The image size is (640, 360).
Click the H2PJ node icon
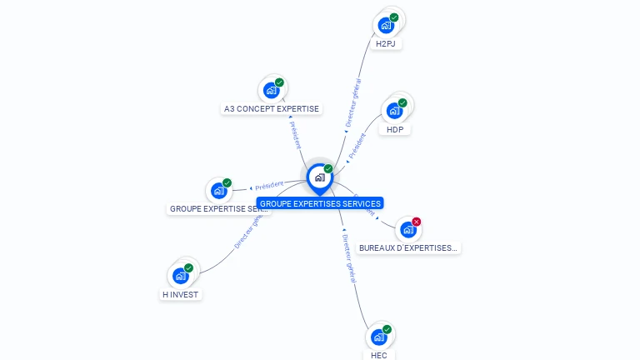click(386, 25)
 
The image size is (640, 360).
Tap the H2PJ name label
click(385, 43)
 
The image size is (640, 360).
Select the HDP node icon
click(394, 111)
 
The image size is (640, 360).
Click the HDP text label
click(395, 129)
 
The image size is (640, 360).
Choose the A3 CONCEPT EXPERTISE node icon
click(271, 90)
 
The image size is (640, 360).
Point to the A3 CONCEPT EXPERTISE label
click(272, 108)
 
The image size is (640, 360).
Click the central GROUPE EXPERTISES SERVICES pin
click(319, 177)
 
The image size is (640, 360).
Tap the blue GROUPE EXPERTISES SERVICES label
click(320, 203)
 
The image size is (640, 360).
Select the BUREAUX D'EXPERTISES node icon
click(407, 229)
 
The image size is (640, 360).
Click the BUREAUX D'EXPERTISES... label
click(408, 247)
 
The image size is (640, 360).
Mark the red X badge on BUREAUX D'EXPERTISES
click(417, 222)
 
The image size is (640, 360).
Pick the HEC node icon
click(378, 337)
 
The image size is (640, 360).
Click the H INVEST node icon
click(181, 276)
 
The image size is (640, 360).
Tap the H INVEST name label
click(182, 294)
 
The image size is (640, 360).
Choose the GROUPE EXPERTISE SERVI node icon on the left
click(219, 190)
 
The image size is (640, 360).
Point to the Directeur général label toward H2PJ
click(353, 103)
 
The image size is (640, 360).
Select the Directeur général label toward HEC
click(349, 259)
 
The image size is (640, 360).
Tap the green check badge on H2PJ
click(394, 17)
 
